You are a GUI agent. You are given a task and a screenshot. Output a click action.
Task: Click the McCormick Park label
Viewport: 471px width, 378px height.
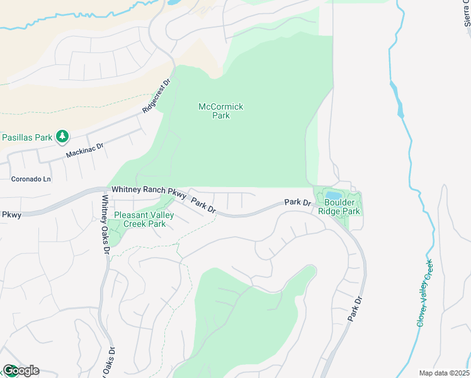(220, 111)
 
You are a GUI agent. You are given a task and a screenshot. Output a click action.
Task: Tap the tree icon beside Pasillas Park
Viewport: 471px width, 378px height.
(62, 135)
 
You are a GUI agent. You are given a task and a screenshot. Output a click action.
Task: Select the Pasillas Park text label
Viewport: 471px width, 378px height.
(26, 137)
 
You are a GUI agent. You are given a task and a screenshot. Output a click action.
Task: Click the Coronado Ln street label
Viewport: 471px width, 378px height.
(31, 179)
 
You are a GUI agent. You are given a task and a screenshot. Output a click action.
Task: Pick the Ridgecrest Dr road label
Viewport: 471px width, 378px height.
(157, 96)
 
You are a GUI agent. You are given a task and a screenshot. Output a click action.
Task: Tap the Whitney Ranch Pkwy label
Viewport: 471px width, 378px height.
(149, 192)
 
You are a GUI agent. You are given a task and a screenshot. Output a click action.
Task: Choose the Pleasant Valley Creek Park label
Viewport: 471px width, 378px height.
(140, 219)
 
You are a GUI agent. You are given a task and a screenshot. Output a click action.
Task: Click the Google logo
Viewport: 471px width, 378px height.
(20, 370)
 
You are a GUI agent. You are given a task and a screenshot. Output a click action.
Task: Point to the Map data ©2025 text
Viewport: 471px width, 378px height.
(444, 373)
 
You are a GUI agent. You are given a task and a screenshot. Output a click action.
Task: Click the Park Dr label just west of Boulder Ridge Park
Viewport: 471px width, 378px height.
(298, 202)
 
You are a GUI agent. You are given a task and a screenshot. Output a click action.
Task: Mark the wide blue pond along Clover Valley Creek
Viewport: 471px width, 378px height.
(399, 105)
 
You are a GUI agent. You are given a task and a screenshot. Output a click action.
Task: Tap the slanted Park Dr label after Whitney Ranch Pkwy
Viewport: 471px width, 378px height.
(203, 206)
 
